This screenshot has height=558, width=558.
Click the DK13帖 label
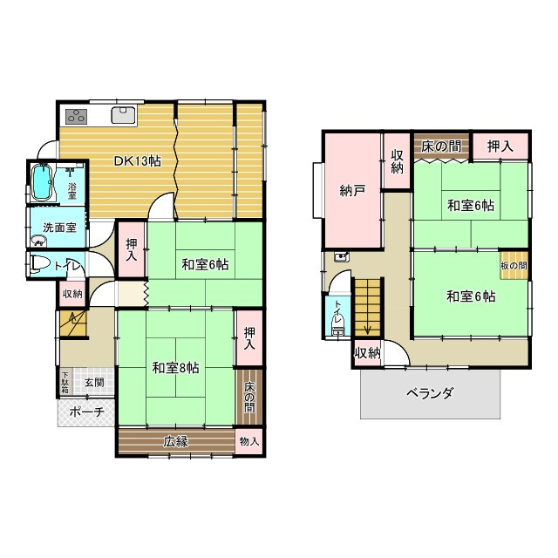tap(138, 161)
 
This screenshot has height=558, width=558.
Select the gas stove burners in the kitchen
tap(76, 116)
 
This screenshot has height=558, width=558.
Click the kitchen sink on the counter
tap(123, 115)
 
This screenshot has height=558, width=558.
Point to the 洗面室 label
tap(59, 228)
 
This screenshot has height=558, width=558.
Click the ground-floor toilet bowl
tap(39, 264)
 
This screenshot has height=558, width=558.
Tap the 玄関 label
tap(94, 383)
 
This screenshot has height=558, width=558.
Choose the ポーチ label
tap(86, 412)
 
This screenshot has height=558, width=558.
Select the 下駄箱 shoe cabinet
tap(65, 382)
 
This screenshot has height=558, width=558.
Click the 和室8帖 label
tap(175, 368)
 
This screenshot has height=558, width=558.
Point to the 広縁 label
tap(175, 442)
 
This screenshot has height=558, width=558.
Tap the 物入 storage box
tap(249, 441)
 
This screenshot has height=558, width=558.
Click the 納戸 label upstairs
tap(351, 191)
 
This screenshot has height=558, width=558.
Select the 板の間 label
tap(514, 265)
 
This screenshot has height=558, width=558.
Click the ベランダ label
tap(430, 393)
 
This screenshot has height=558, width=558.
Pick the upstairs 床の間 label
tap(440, 146)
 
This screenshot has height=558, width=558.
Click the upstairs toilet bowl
tap(337, 325)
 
